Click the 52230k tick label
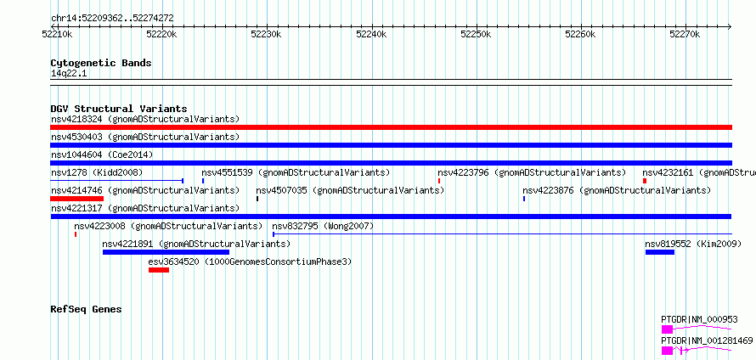[x=267, y=34]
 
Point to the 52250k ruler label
[x=477, y=34]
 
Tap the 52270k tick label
[x=685, y=34]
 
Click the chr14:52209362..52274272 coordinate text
[x=112, y=19]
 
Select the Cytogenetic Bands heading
[x=101, y=63]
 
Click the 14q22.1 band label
[x=69, y=73]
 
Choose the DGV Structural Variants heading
[x=119, y=109]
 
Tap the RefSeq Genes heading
[x=86, y=309]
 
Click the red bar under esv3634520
[x=159, y=270]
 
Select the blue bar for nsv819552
[x=659, y=252]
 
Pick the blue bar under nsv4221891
[x=166, y=252]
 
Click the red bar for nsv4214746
[x=76, y=199]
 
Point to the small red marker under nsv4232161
[x=645, y=181]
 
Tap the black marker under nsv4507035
[x=257, y=199]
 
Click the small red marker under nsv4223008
[x=76, y=234]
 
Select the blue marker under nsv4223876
[x=524, y=199]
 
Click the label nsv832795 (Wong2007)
[x=323, y=226]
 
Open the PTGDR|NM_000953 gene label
[x=699, y=319]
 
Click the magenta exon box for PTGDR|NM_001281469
[x=668, y=351]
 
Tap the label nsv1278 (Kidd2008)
[x=97, y=172]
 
